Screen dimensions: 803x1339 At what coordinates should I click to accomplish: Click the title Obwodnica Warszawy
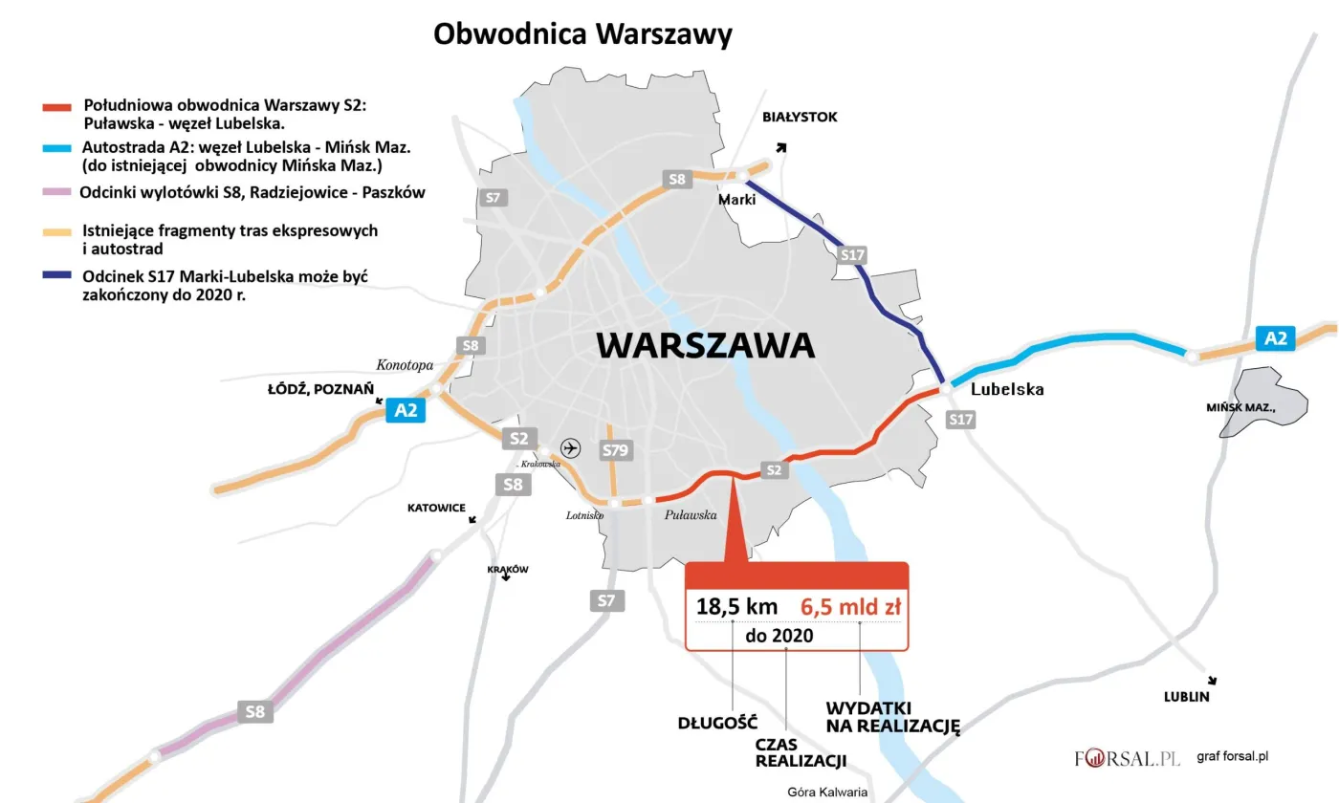coord(582,34)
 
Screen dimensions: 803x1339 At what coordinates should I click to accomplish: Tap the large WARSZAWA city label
coord(706,345)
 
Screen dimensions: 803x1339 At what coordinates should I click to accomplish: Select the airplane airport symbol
coord(571,447)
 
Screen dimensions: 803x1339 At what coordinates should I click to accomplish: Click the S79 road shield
coord(612,449)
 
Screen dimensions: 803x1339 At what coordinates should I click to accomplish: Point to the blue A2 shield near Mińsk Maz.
coord(1276,337)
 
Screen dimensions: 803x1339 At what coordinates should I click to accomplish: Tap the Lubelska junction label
coord(1007,389)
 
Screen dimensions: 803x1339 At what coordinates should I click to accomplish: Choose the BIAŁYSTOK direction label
coord(799,117)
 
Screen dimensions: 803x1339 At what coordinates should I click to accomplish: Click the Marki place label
coord(737,200)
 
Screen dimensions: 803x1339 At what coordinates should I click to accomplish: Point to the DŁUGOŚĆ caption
coord(717,722)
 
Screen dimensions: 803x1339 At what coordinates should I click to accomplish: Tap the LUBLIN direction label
coord(1186,697)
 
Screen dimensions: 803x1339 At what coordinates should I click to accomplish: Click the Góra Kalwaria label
coord(826,792)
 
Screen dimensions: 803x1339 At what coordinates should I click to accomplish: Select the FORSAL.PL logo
coord(1128,758)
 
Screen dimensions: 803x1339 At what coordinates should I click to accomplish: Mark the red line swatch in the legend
coord(60,105)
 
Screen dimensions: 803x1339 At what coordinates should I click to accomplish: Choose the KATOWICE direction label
coord(436,508)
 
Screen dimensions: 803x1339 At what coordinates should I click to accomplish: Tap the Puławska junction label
coord(691,515)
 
